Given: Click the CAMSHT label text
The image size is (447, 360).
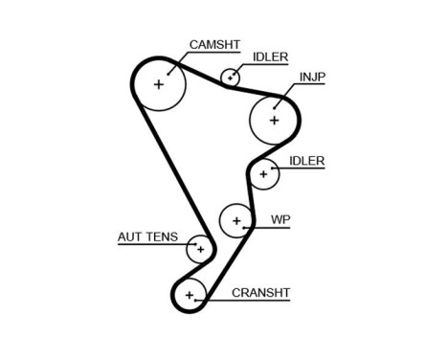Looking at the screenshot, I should (213, 44).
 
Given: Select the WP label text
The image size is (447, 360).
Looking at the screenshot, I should (279, 218).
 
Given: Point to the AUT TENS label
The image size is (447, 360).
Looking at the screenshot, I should (147, 236).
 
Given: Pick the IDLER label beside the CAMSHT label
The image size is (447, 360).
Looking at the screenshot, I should (270, 56).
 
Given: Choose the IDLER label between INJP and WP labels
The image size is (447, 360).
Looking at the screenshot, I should (305, 160).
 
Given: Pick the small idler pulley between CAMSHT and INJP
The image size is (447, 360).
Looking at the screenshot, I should (231, 77).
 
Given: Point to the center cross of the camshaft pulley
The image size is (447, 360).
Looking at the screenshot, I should (159, 84).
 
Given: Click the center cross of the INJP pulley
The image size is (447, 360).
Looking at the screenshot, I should (275, 120).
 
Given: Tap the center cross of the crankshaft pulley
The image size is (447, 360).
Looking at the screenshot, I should (190, 294).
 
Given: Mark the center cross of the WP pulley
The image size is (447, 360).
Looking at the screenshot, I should (236, 221).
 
